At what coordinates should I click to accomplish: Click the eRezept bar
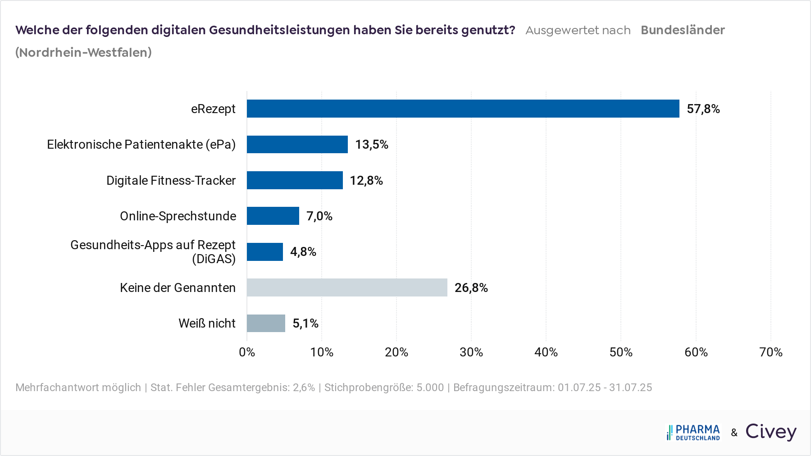tap(463, 109)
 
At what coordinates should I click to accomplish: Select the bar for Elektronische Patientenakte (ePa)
tap(297, 145)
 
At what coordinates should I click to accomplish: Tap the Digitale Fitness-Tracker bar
tap(295, 180)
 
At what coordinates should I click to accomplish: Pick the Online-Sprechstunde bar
tap(273, 216)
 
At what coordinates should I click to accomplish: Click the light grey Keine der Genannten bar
tap(347, 287)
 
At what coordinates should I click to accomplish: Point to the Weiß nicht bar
tap(266, 323)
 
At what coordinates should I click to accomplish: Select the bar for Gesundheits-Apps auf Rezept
tap(265, 252)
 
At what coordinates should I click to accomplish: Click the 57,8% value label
tap(703, 109)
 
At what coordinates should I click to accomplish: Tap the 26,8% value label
tap(471, 288)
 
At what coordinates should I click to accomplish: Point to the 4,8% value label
tap(303, 252)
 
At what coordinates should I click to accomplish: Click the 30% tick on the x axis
tap(471, 352)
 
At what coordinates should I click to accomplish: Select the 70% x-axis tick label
tap(770, 352)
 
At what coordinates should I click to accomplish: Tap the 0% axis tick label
tap(247, 352)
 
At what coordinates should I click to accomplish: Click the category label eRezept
tap(213, 109)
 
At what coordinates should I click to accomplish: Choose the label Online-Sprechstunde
tap(178, 216)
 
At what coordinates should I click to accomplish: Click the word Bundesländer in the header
tap(683, 30)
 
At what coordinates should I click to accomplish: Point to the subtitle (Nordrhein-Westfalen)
tap(83, 53)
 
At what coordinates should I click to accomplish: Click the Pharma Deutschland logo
tap(693, 433)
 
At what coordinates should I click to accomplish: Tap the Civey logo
tap(771, 432)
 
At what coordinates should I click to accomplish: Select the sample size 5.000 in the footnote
tap(430, 388)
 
